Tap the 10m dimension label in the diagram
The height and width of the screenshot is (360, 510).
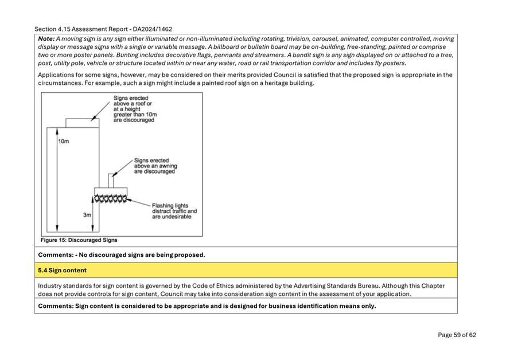(x=63, y=141)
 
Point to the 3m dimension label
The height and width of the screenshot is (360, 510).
(x=87, y=215)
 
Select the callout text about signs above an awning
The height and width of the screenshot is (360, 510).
(x=154, y=166)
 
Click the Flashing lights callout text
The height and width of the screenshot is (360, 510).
(x=174, y=211)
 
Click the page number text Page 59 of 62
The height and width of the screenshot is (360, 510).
(x=457, y=335)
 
